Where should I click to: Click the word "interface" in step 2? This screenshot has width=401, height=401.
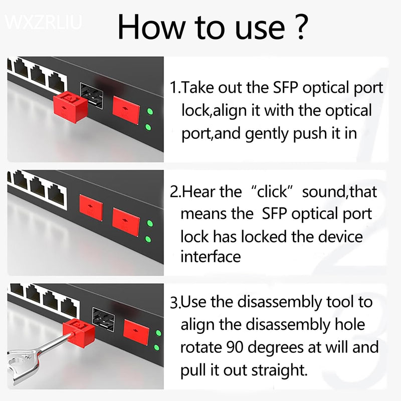coord(211,257)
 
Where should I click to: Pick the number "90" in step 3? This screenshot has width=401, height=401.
coord(238,347)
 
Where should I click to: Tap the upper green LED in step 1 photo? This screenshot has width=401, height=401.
coord(148,111)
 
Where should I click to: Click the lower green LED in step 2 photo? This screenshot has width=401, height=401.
coord(149,239)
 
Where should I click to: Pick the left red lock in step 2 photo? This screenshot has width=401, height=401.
coord(91,208)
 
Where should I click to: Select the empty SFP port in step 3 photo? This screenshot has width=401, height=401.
coord(104,319)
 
